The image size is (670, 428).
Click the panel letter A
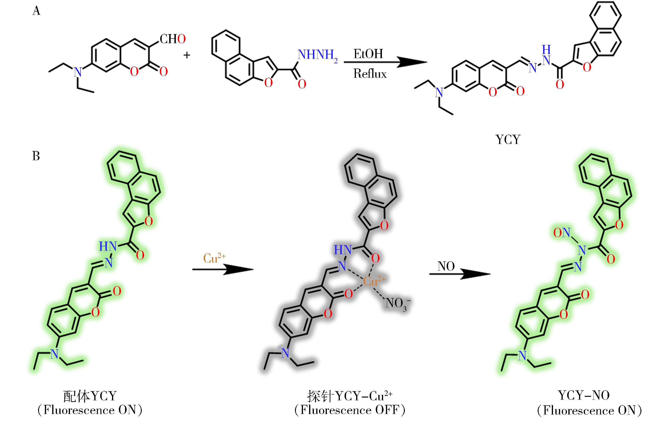[x=36, y=11]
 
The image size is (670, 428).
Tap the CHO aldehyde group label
[x=173, y=39]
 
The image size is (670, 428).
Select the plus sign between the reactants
[x=187, y=55]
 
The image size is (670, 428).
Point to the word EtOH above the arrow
[x=368, y=54]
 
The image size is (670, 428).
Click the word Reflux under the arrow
[x=370, y=74]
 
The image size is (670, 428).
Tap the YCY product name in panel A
[x=508, y=139]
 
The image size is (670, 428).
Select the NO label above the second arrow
[x=446, y=266]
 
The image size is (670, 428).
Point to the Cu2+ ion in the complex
[x=374, y=281]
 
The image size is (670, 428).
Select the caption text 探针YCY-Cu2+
[x=350, y=396]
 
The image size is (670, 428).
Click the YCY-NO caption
[x=584, y=395]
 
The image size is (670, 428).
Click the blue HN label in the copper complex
[x=343, y=250]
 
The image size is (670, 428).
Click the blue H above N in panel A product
[x=546, y=50]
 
